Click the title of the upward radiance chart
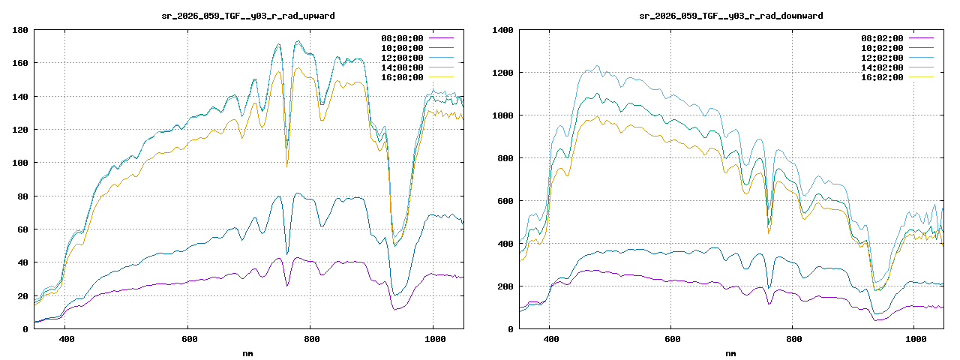coord(248,16)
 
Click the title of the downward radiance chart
coord(730,16)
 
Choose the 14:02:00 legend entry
coord(882,67)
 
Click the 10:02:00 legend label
coord(882,48)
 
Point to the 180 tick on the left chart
coord(20,30)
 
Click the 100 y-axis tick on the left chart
coord(20,163)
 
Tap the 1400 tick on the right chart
coord(502,30)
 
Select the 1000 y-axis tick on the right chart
coord(502,115)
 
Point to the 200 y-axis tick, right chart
coord(505,286)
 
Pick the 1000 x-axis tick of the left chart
coord(433,339)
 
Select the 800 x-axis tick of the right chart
coord(793,339)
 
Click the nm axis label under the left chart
coord(248,352)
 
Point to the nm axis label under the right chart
coord(730,352)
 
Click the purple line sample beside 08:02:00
coord(921,38)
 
